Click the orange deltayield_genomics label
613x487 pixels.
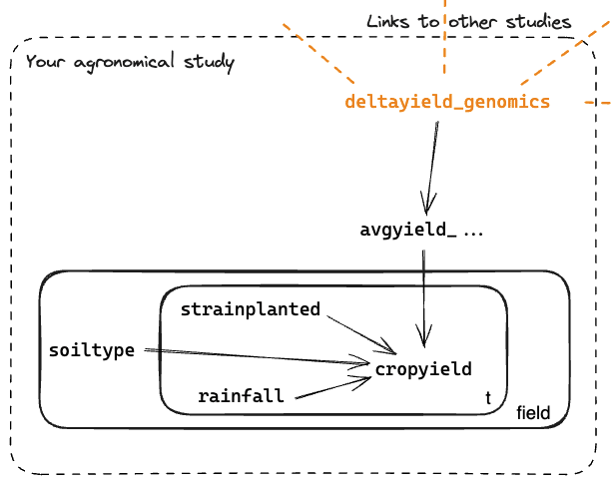pyautogui.click(x=446, y=103)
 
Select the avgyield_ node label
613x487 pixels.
pyautogui.click(x=408, y=231)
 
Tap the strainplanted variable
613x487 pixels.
pyautogui.click(x=251, y=309)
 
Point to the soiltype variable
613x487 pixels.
pyautogui.click(x=92, y=350)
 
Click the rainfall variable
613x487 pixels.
pyautogui.click(x=241, y=396)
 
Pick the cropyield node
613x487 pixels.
pyautogui.click(x=423, y=370)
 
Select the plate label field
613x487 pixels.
pyautogui.click(x=534, y=413)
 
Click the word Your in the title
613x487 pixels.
pyautogui.click(x=44, y=62)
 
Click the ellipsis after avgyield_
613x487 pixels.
pyautogui.click(x=473, y=232)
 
